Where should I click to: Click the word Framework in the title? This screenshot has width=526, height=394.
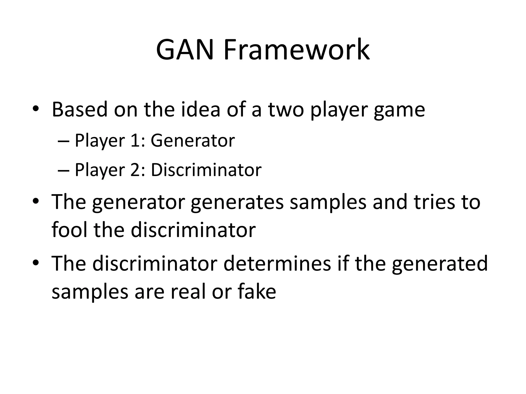[296, 50]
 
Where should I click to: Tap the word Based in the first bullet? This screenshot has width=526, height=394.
[80, 110]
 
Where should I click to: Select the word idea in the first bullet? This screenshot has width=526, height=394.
[201, 110]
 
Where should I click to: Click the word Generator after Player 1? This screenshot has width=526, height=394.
[193, 141]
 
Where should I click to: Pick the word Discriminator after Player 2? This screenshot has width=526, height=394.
[206, 170]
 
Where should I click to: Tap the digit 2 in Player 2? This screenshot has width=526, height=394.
[135, 170]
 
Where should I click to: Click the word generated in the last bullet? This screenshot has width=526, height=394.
[439, 264]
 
